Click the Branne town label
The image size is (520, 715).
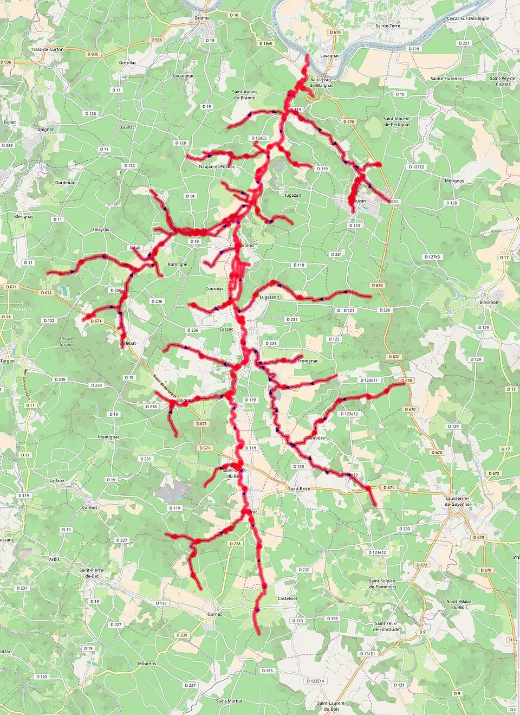[202, 18]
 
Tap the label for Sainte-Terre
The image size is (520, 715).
[388, 26]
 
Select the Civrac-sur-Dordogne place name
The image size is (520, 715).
[468, 18]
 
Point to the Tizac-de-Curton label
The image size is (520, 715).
[48, 49]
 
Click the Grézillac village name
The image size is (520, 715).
[128, 63]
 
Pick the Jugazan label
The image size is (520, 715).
[293, 195]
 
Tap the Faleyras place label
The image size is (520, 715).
[101, 230]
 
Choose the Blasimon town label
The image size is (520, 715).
[489, 302]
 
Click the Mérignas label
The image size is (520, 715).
[454, 181]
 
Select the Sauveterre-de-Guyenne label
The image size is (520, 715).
[458, 501]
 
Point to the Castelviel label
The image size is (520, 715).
[287, 598]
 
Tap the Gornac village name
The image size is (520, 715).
[215, 614]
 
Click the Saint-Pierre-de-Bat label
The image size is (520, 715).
[92, 573]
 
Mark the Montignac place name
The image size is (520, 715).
[109, 437]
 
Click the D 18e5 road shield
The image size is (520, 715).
[266, 44]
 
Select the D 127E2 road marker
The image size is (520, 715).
[417, 167]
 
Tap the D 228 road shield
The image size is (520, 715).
[235, 544]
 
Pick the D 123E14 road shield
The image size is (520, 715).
[315, 681]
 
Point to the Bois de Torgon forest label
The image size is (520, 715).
[66, 342]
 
